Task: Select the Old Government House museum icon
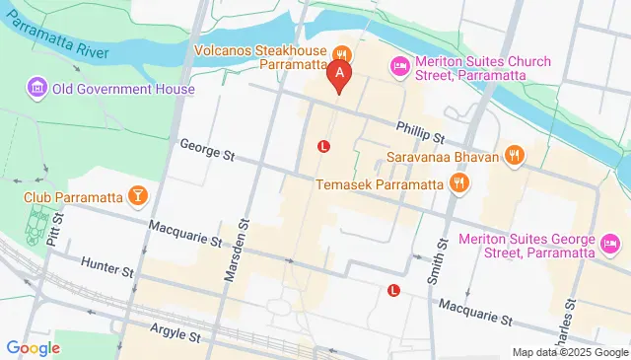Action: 37,89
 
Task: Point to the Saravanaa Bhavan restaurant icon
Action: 514,154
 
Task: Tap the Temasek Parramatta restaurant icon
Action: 457,183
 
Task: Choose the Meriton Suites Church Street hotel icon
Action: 400,65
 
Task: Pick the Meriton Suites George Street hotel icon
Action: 610,242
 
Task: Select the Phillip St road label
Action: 421,128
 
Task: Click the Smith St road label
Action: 436,256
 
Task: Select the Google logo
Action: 33,348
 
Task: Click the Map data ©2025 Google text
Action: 569,352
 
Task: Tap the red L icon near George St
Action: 323,147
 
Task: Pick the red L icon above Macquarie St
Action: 394,290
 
